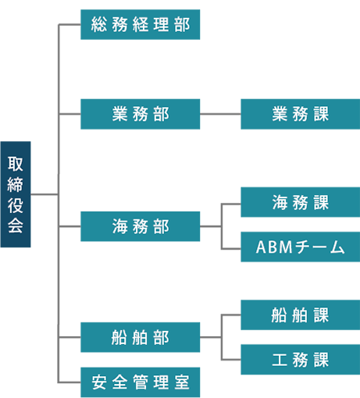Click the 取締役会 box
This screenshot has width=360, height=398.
click(16, 194)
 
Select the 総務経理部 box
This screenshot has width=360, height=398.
click(141, 25)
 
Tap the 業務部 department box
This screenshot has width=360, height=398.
click(141, 114)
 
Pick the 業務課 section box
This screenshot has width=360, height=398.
click(301, 114)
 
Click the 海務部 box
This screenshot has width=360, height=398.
click(141, 226)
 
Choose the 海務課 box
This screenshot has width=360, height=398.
click(301, 202)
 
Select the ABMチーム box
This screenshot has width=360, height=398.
click(301, 247)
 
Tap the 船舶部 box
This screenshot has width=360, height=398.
click(141, 337)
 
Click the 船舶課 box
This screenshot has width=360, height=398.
click(301, 315)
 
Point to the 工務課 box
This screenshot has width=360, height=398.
click(301, 360)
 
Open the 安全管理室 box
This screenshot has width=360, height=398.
click(141, 382)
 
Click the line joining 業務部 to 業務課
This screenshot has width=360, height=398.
click(220, 114)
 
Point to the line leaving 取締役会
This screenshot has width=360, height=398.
click(45, 194)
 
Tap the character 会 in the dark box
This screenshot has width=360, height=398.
click(16, 226)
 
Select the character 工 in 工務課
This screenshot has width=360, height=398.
click(280, 360)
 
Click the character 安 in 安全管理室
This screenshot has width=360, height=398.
click(99, 382)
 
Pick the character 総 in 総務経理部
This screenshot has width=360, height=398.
click(99, 25)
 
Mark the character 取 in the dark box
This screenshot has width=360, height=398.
click(16, 164)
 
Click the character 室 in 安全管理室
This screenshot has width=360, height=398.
click(182, 382)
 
